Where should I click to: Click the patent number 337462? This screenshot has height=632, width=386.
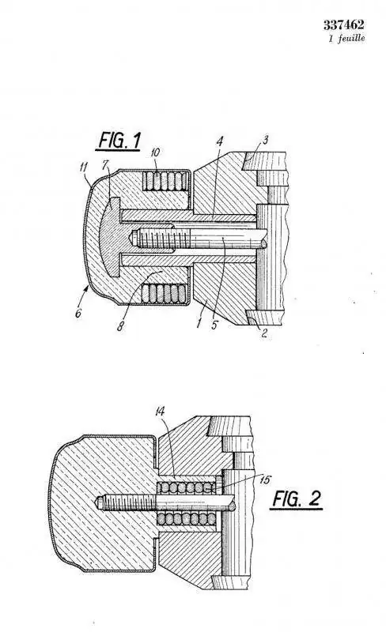click(x=343, y=25)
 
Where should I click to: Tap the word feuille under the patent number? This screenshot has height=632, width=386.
click(x=352, y=38)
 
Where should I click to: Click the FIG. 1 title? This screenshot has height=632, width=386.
click(x=119, y=141)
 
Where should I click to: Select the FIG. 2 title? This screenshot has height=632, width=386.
click(x=297, y=499)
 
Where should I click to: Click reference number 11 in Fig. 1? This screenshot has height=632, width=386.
click(x=84, y=167)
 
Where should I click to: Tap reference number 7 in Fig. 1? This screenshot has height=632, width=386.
click(x=105, y=164)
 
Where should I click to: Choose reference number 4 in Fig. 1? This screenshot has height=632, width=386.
click(x=219, y=141)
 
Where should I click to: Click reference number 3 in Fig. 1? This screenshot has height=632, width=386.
click(x=265, y=141)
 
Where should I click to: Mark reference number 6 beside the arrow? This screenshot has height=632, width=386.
click(x=78, y=313)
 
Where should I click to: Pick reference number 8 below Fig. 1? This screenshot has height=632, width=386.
click(x=120, y=326)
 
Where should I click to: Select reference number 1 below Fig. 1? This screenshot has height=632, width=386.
click(x=199, y=323)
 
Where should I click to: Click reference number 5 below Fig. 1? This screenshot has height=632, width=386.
click(x=214, y=325)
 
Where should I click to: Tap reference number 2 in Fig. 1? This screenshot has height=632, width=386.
click(x=264, y=333)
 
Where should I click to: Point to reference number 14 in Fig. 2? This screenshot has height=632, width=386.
click(x=160, y=411)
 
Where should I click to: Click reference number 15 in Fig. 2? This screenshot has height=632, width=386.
click(x=265, y=480)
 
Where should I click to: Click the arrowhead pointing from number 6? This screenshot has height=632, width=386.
click(x=89, y=286)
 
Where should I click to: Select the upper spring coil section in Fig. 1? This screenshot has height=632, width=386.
click(x=165, y=181)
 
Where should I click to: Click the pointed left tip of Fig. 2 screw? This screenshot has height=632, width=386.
click(x=96, y=502)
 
